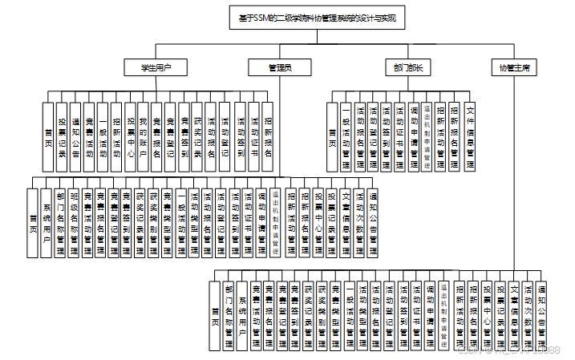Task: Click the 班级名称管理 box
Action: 74,222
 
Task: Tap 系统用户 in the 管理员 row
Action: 47,222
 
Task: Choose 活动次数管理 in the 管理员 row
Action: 359,222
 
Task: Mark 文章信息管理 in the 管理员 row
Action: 346,222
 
